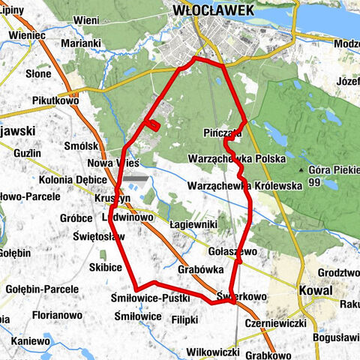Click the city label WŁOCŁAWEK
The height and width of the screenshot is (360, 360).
(213, 10)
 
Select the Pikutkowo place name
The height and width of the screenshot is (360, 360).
(56, 99)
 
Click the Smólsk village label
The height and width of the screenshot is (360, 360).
(82, 146)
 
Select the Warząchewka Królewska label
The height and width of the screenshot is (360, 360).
(244, 184)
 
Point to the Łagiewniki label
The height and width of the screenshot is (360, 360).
(193, 224)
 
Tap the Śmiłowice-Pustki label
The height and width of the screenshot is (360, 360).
(149, 298)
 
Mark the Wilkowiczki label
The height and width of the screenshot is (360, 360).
(212, 351)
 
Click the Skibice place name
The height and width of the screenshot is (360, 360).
(105, 267)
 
